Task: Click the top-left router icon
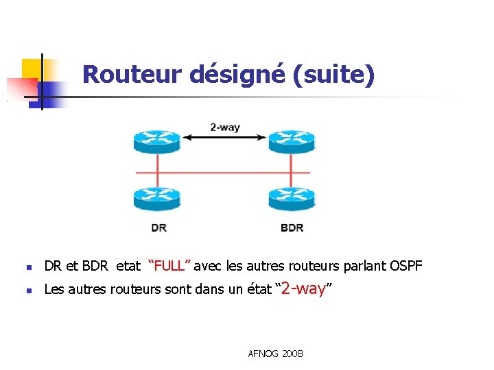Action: click(x=157, y=140)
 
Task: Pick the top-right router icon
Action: click(x=291, y=140)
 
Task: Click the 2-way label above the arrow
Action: click(x=224, y=127)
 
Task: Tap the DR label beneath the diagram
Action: click(x=158, y=227)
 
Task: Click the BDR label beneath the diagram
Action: click(x=292, y=227)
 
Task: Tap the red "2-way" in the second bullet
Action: click(x=303, y=289)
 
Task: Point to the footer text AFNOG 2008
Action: click(x=275, y=354)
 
